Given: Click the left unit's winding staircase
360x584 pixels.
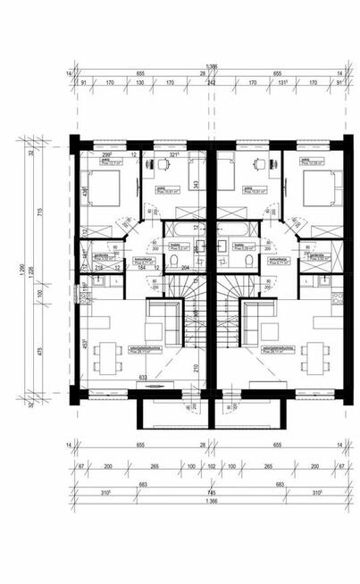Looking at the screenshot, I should [190, 308].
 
